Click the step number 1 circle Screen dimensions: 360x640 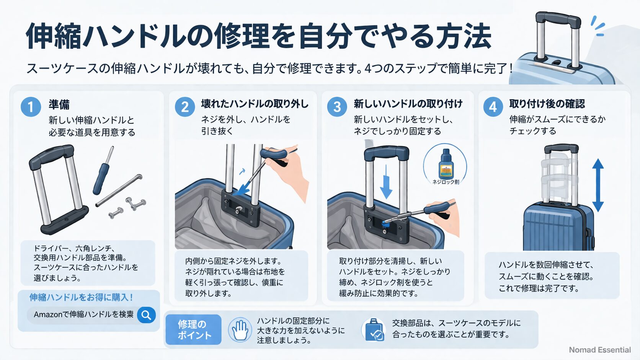[31, 107]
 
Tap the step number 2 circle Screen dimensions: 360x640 [184, 107]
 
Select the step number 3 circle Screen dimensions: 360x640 [337, 107]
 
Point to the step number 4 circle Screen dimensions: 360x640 [493, 107]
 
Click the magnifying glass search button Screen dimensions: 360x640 [146, 315]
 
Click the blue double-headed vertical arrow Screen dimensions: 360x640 [598, 185]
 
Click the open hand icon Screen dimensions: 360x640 [240, 330]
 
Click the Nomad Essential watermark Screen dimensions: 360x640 [599, 350]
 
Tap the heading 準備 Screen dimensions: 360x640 [59, 104]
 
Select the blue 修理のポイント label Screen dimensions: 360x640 [194, 330]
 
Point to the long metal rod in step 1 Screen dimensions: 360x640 [119, 190]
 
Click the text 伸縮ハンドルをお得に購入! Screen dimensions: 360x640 [81, 297]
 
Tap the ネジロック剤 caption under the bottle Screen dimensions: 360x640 [446, 182]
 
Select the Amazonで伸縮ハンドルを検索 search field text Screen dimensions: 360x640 [83, 314]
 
